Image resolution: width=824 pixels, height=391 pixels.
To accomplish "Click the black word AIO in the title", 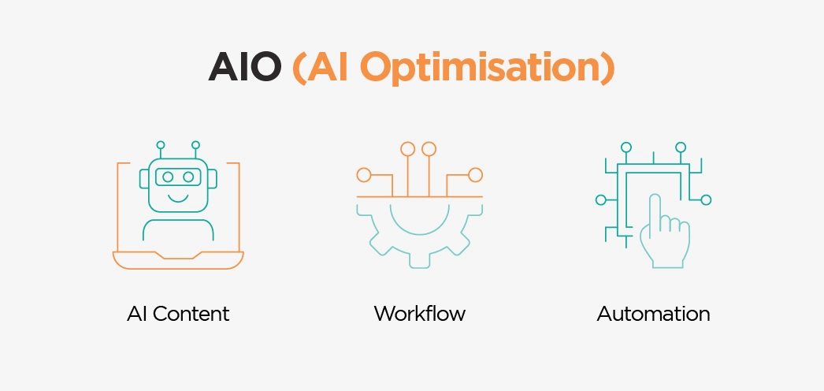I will [244, 69].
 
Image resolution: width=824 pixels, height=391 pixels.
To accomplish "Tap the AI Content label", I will [178, 314].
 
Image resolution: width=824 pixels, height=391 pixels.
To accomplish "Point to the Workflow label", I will [419, 314].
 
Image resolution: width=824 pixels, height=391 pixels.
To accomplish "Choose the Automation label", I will [653, 314].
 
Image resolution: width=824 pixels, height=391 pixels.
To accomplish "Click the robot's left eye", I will [168, 177].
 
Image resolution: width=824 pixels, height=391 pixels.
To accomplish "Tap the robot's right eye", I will [189, 177].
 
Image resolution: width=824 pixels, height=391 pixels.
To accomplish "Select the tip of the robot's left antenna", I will [161, 145].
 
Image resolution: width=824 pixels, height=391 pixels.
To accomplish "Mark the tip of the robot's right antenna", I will [195, 145].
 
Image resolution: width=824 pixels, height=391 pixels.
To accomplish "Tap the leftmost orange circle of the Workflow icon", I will [363, 175].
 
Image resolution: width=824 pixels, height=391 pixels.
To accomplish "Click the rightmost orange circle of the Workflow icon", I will [475, 175].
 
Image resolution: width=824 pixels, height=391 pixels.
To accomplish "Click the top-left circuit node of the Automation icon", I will [626, 147].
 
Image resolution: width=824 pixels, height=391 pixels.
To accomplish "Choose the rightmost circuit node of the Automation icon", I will [706, 199].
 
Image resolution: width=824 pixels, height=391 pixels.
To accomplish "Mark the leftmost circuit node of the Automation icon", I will [600, 199].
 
